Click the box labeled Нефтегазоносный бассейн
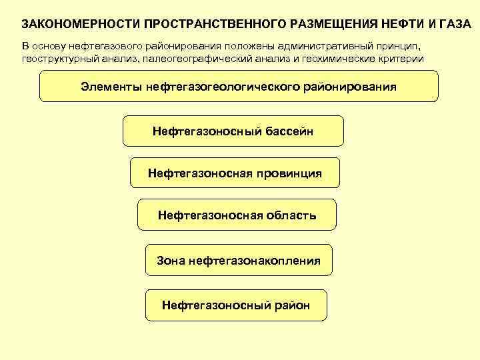click(233, 131)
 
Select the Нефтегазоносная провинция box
click(235, 173)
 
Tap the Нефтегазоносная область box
click(237, 215)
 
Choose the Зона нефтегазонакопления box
click(238, 261)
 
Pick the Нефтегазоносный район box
click(236, 305)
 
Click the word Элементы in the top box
click(110, 87)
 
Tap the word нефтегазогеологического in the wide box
click(223, 87)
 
